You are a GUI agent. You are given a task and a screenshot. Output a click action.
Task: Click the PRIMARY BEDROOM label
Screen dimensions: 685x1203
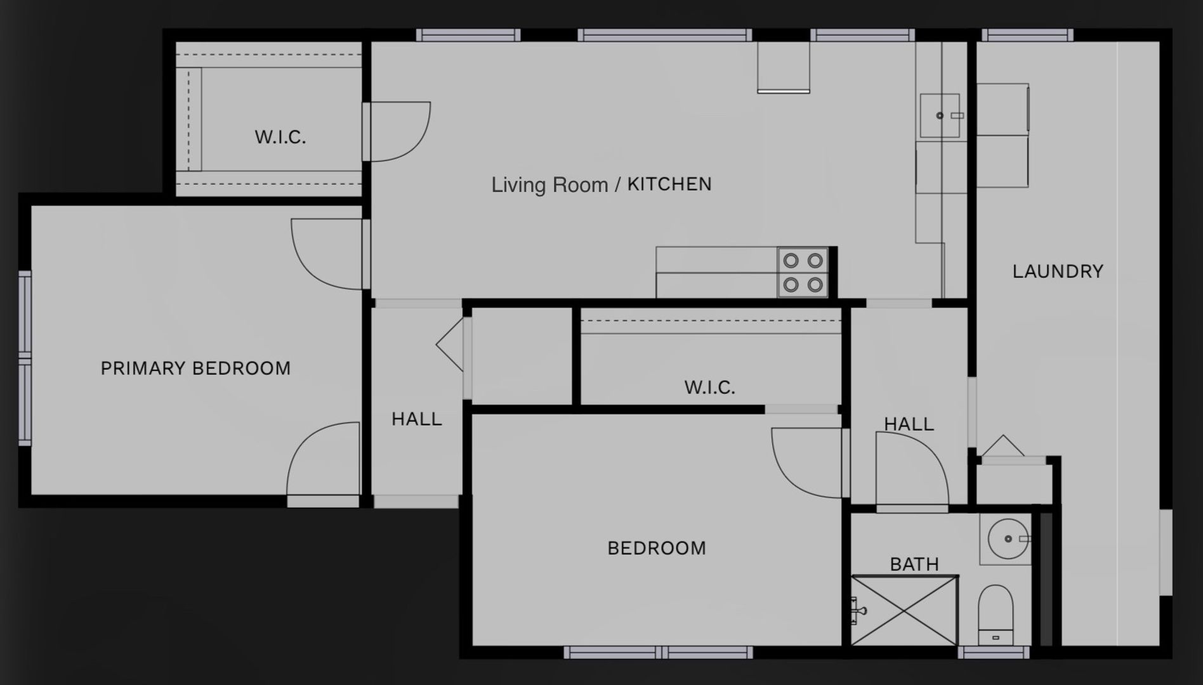coord(195,369)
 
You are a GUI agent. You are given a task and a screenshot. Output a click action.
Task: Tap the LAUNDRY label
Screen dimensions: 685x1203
coord(1058,271)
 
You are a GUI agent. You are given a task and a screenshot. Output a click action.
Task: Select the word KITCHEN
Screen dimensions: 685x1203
coord(669,185)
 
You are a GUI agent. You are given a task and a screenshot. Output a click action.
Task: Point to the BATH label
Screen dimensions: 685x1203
coord(914,564)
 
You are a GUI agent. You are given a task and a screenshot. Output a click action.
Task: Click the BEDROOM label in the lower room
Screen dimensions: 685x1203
coord(657,548)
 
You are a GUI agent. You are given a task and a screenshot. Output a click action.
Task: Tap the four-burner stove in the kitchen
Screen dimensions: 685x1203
coord(803,273)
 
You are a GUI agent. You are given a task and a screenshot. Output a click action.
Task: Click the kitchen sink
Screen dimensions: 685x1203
coord(940,115)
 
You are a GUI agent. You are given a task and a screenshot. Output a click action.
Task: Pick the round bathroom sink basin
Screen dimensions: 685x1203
coord(1008,539)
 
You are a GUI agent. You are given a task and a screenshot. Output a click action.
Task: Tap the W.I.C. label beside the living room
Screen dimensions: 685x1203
coord(280,137)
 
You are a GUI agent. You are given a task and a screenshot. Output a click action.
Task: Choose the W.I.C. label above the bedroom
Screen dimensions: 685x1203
coord(709,388)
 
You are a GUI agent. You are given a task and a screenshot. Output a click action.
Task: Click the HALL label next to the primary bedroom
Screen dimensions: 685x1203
coord(416,419)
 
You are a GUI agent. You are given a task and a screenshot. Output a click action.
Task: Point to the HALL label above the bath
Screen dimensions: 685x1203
coord(909,424)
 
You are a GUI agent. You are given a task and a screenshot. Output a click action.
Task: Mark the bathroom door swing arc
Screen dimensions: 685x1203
coord(911,469)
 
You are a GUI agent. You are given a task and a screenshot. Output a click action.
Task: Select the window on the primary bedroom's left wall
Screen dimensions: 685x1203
coord(25,358)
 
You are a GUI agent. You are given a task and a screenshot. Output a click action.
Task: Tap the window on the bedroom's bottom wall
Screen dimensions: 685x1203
coord(658,652)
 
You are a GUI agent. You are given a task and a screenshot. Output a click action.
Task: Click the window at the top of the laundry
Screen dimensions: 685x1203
coord(1027,35)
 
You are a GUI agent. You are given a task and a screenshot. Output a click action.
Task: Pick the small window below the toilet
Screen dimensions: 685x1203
coord(994,652)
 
